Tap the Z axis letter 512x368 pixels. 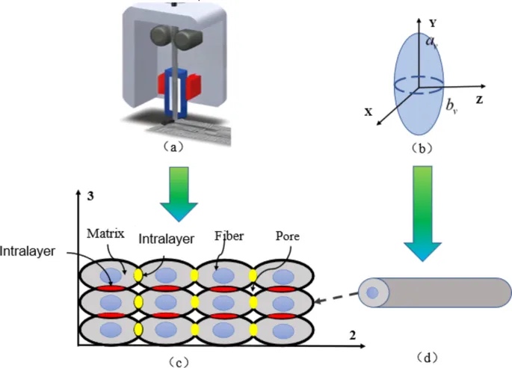tap(487, 98)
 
